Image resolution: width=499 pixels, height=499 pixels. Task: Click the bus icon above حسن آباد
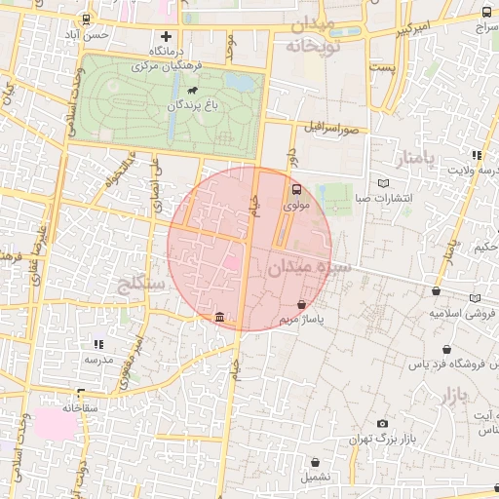87,19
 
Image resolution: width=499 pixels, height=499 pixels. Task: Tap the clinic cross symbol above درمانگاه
166,36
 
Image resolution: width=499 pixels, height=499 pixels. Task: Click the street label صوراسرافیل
332,128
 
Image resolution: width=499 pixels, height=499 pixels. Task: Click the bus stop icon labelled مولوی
296,191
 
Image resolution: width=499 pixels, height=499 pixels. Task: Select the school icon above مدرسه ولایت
476,155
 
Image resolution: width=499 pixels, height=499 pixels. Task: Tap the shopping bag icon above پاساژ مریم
313,305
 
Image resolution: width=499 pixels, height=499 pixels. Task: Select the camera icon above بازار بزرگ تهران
381,424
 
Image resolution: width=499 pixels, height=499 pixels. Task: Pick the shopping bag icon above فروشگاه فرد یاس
446,350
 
